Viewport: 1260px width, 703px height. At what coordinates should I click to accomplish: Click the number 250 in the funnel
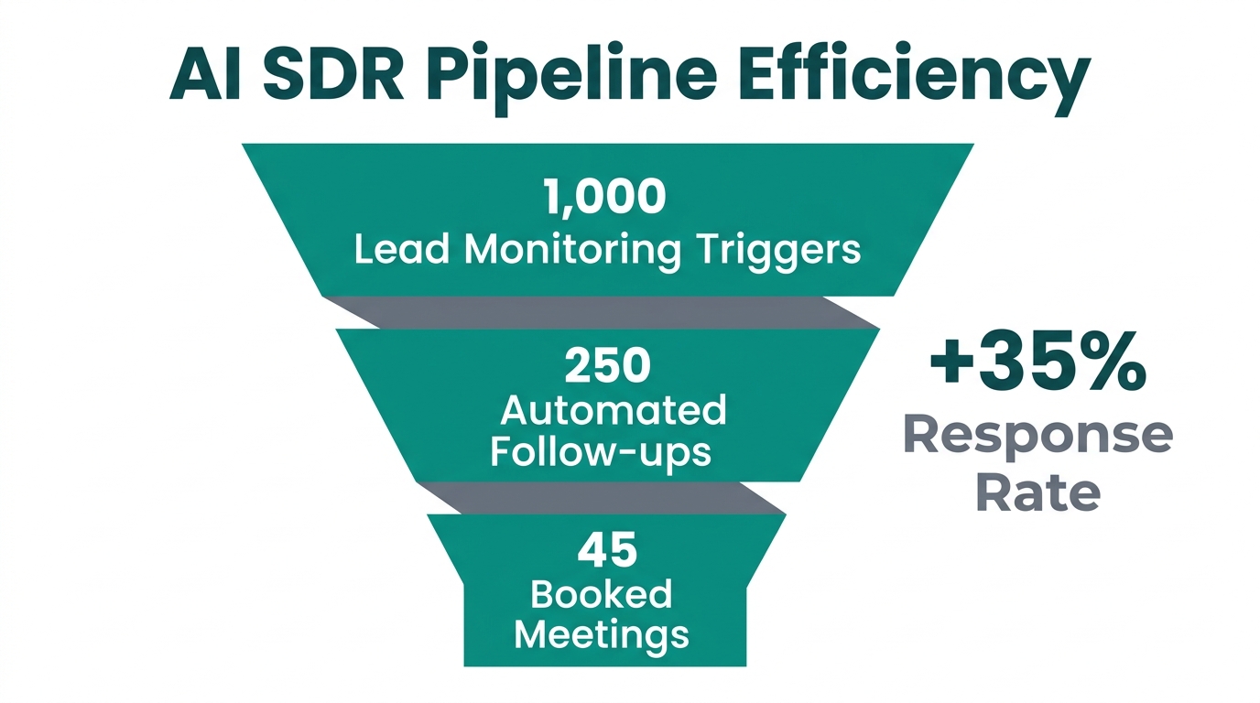pos(607,365)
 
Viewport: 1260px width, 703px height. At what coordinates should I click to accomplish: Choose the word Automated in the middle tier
pos(613,410)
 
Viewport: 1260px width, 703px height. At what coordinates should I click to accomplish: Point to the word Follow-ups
pos(601,451)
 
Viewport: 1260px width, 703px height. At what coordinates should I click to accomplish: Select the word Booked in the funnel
pos(602,594)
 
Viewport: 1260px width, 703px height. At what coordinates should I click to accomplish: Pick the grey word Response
pos(1037,437)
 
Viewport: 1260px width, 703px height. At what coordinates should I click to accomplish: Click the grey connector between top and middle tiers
pos(604,312)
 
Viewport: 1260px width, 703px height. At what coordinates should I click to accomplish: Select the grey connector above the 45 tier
pos(604,498)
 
